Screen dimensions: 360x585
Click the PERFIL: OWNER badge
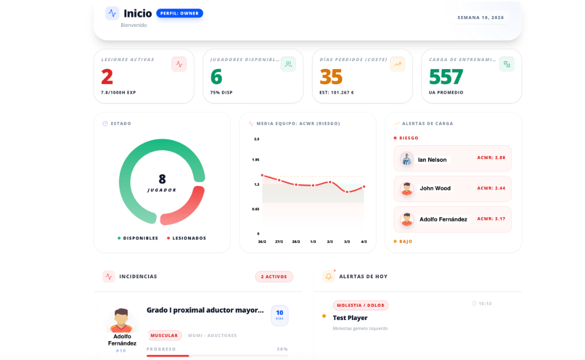point(179,13)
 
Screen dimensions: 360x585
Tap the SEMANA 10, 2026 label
point(480,18)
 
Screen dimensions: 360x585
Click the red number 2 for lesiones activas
point(107,77)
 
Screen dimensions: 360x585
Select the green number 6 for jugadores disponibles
point(216,77)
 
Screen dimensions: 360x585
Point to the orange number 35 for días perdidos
point(331,77)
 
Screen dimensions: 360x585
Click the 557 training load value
point(446,77)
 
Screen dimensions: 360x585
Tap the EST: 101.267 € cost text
point(337,93)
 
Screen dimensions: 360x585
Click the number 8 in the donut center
point(162,179)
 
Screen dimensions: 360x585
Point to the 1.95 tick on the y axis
point(257,160)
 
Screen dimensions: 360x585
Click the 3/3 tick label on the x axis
point(347,242)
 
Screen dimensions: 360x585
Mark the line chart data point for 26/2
point(262,175)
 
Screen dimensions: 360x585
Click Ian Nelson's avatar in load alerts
point(407,159)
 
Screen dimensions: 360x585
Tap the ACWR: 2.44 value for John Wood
point(491,188)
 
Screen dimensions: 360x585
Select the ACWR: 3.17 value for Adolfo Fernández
point(491,219)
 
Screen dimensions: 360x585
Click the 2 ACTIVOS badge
point(274,277)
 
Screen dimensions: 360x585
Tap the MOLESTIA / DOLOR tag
point(360,305)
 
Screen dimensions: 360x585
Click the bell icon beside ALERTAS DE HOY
point(328,277)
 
